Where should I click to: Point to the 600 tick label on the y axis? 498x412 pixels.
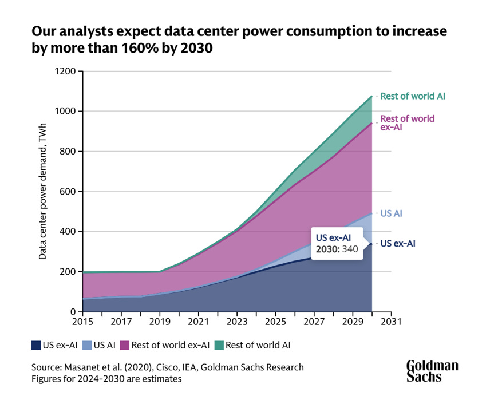(x=68, y=192)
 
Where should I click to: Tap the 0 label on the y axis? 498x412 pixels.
(x=73, y=312)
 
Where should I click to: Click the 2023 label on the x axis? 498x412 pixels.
(x=237, y=322)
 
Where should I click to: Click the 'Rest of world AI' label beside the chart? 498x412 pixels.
(x=413, y=96)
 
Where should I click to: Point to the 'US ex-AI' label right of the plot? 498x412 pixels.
(x=407, y=243)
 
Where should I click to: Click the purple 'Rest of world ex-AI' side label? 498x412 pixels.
(x=408, y=123)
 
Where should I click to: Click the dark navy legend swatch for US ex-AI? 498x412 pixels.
(x=36, y=345)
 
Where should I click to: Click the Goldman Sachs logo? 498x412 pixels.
(x=432, y=370)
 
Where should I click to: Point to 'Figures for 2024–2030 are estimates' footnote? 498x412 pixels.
(x=106, y=378)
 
